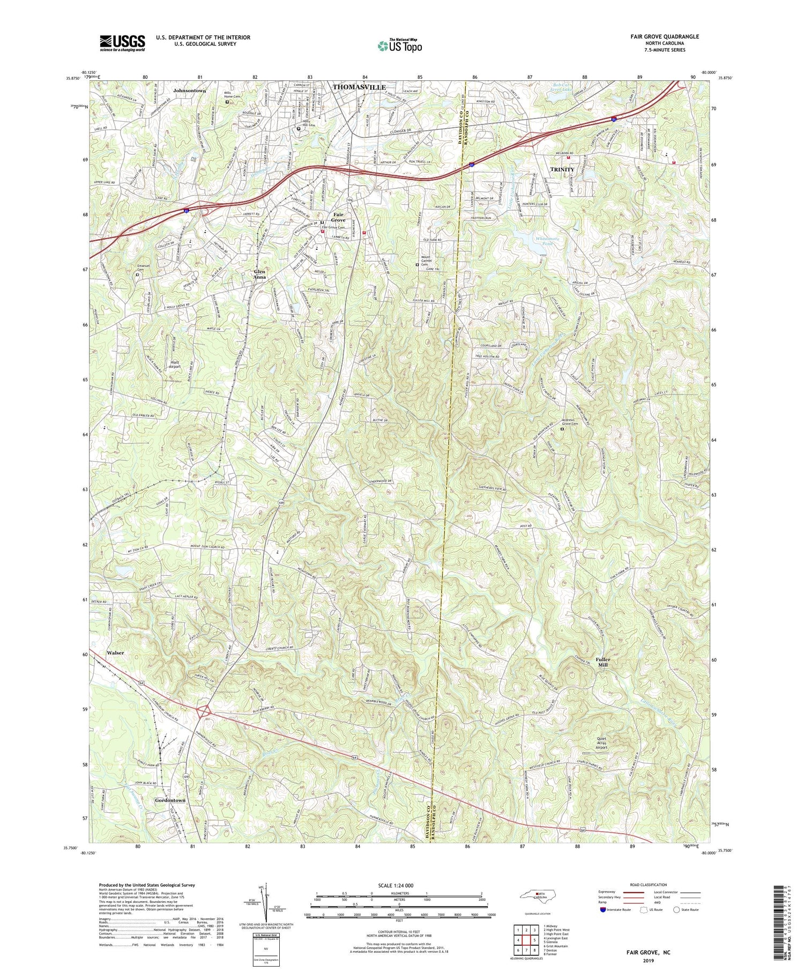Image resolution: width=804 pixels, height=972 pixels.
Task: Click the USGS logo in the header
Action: [122, 43]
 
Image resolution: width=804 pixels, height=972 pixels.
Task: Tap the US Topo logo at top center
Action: [399, 46]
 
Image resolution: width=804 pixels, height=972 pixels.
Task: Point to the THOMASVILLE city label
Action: [359, 87]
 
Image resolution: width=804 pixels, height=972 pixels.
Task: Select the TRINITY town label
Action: [562, 169]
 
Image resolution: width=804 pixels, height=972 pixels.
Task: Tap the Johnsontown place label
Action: [189, 91]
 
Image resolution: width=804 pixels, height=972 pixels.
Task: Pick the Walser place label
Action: [115, 653]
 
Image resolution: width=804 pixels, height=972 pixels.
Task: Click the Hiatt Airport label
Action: [175, 365]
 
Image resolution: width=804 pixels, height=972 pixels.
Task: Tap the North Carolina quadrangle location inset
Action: [542, 896]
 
